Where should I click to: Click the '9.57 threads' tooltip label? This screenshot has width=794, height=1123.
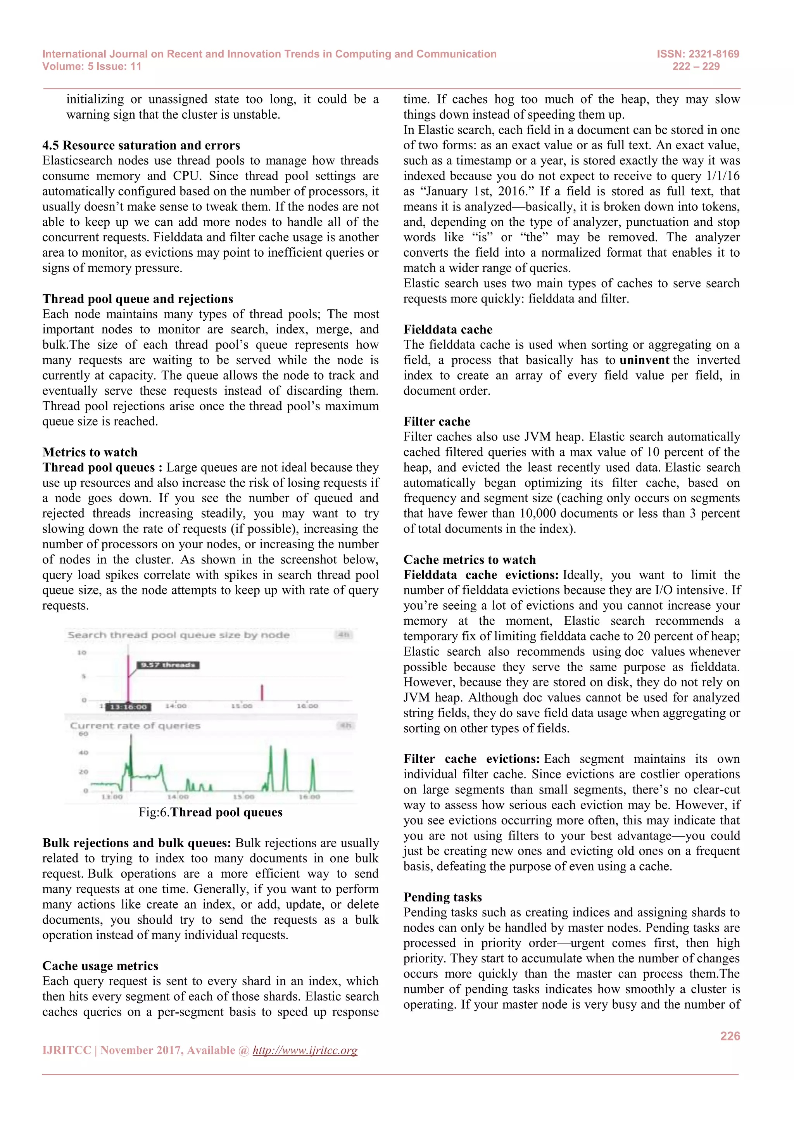tap(168, 665)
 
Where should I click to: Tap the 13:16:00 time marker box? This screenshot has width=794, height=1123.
tap(128, 707)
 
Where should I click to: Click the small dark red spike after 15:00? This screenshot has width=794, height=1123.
tap(262, 692)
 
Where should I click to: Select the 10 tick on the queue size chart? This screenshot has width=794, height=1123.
tap(82, 653)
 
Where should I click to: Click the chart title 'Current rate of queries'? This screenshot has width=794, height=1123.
tap(135, 726)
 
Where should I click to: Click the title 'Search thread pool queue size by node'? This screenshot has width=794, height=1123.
tap(178, 635)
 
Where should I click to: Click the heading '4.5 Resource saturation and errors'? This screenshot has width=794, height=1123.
tap(141, 145)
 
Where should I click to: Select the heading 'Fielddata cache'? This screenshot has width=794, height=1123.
tap(448, 329)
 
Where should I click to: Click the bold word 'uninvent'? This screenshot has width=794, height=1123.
tap(644, 360)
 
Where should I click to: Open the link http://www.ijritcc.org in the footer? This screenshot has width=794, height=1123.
tap(305, 1050)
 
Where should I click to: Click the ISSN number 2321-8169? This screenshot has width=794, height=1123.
tap(714, 54)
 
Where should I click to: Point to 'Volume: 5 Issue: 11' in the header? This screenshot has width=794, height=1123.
tap(92, 67)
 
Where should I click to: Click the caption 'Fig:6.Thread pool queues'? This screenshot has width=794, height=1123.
tap(210, 812)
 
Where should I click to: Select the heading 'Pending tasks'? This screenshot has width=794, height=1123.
tap(442, 897)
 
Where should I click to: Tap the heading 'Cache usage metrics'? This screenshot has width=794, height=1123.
tap(100, 966)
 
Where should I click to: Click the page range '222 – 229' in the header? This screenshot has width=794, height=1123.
tap(696, 67)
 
